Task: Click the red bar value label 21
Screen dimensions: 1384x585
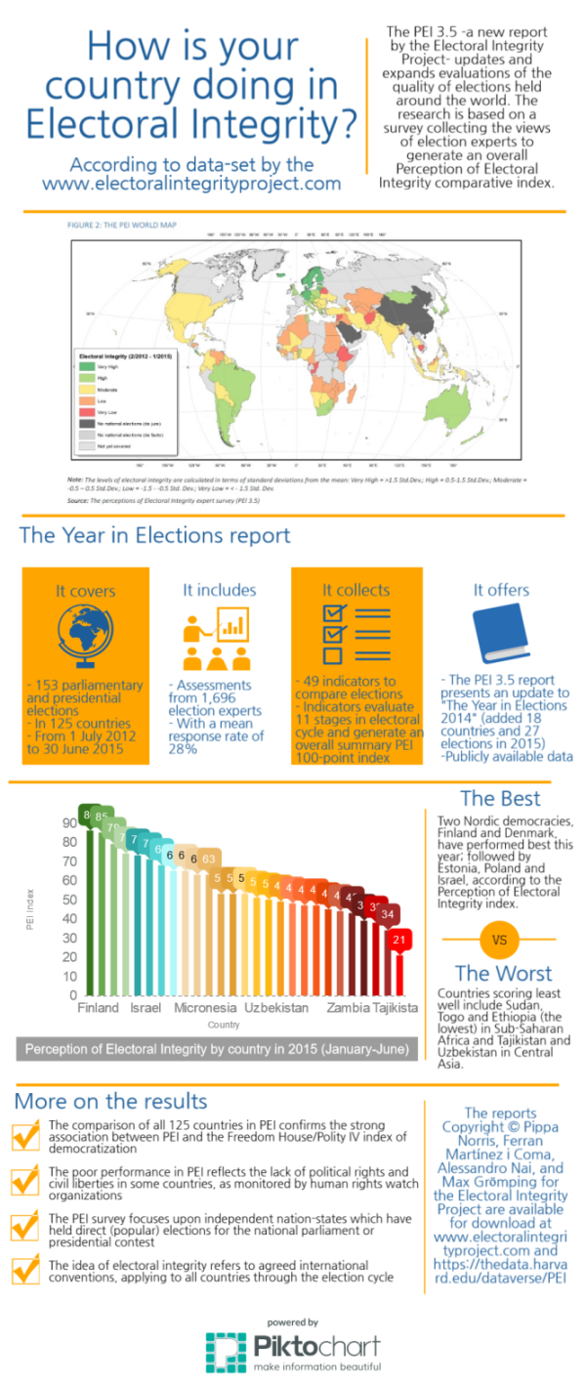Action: coord(398,940)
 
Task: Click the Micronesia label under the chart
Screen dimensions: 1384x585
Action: coord(205,1007)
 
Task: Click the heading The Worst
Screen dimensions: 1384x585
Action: coord(503,973)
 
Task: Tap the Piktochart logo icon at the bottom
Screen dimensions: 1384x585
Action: coord(226,1351)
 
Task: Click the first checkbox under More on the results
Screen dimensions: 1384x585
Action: coord(24,1137)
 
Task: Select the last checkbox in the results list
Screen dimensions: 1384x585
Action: coord(24,1271)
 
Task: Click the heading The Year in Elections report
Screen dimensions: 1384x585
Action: coord(154,535)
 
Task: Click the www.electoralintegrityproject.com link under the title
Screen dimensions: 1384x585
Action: coord(191,183)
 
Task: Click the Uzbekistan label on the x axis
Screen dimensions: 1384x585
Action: coord(276,1007)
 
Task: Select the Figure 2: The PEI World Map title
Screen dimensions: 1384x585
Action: coord(121,226)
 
